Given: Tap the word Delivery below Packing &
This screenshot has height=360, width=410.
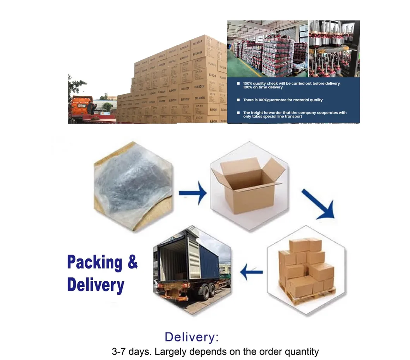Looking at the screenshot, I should (x=95, y=285).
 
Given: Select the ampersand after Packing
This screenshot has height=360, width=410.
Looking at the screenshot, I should (x=132, y=262).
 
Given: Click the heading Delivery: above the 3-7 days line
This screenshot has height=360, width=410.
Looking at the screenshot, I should (x=192, y=337).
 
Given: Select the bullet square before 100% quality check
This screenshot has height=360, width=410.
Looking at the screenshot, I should (x=238, y=84).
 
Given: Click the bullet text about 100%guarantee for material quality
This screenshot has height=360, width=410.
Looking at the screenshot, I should (x=283, y=100).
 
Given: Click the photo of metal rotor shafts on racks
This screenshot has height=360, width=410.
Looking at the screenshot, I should (x=334, y=48).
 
